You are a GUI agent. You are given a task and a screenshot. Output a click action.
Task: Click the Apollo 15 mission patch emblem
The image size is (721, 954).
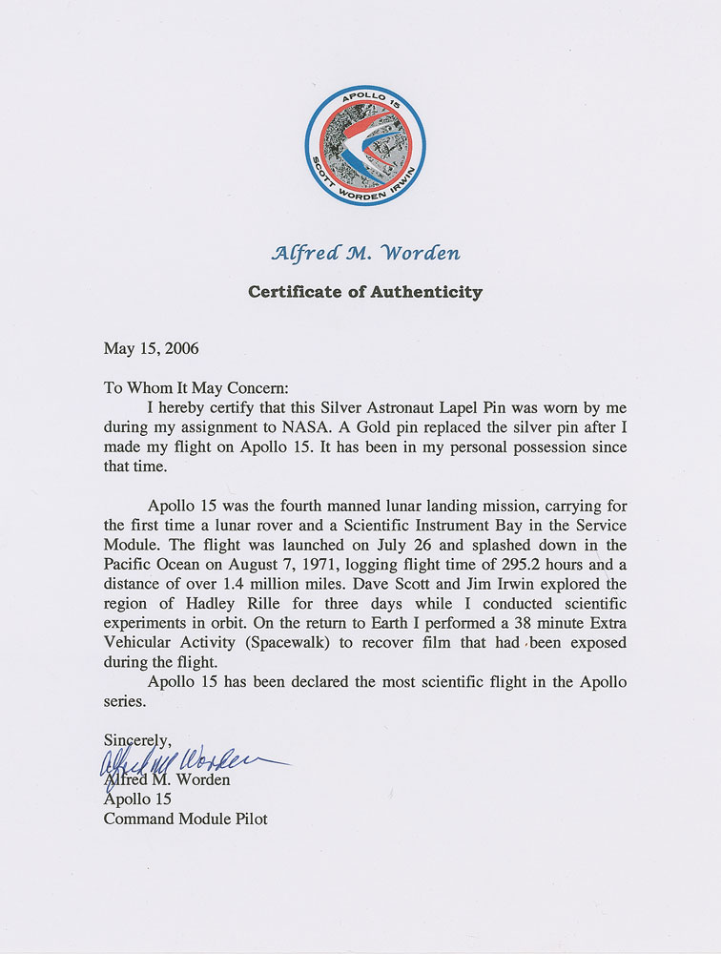[365, 145]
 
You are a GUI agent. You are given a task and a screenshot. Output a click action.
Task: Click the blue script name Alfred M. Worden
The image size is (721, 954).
[365, 253]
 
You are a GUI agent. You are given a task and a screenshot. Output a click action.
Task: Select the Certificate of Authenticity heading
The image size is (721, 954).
[365, 292]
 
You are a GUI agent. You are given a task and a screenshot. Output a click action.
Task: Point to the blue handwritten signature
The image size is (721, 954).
[191, 760]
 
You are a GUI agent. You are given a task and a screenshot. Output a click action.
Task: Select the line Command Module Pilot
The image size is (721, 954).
[186, 819]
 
